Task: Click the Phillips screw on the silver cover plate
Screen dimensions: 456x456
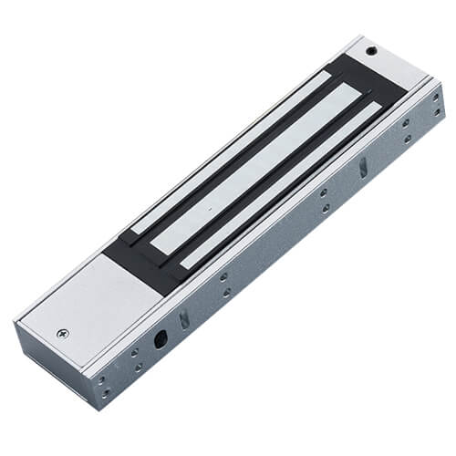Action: click(x=62, y=335)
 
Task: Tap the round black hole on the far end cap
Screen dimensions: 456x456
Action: click(x=371, y=51)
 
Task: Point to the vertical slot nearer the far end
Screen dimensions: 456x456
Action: click(x=362, y=167)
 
